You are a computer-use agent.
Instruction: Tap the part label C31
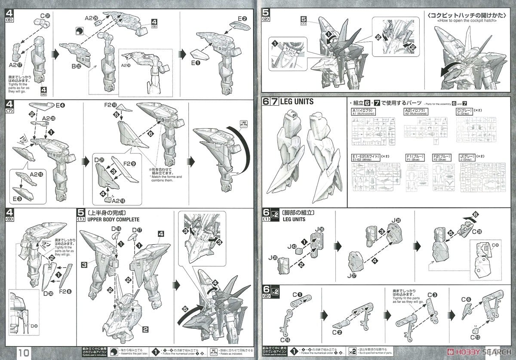(x=45, y=16)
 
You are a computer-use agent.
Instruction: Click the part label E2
(x=242, y=18)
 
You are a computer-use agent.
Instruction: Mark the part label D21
(x=99, y=160)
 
